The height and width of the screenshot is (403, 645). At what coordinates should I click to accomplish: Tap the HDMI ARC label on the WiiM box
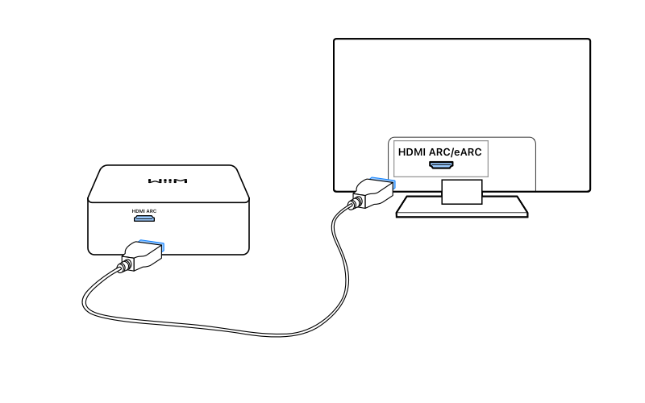pos(144,211)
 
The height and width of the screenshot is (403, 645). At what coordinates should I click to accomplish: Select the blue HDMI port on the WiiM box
pos(144,218)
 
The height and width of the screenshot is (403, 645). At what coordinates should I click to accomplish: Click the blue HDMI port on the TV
pos(440,165)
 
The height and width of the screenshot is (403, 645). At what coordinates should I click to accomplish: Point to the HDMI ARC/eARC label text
pos(439,150)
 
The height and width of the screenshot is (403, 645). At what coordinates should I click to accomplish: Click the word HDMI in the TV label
pos(414,150)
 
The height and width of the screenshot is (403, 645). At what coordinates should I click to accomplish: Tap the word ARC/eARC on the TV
pos(456,150)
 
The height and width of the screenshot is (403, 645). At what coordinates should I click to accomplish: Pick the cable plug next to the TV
pos(374,192)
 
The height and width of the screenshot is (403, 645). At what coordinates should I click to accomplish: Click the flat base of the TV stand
pos(461,209)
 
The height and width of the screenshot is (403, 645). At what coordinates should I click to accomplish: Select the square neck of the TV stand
pos(461,190)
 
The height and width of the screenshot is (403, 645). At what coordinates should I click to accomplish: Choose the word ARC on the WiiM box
pos(150,211)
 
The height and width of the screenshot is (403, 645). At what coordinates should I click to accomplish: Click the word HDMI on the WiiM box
pos(138,211)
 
